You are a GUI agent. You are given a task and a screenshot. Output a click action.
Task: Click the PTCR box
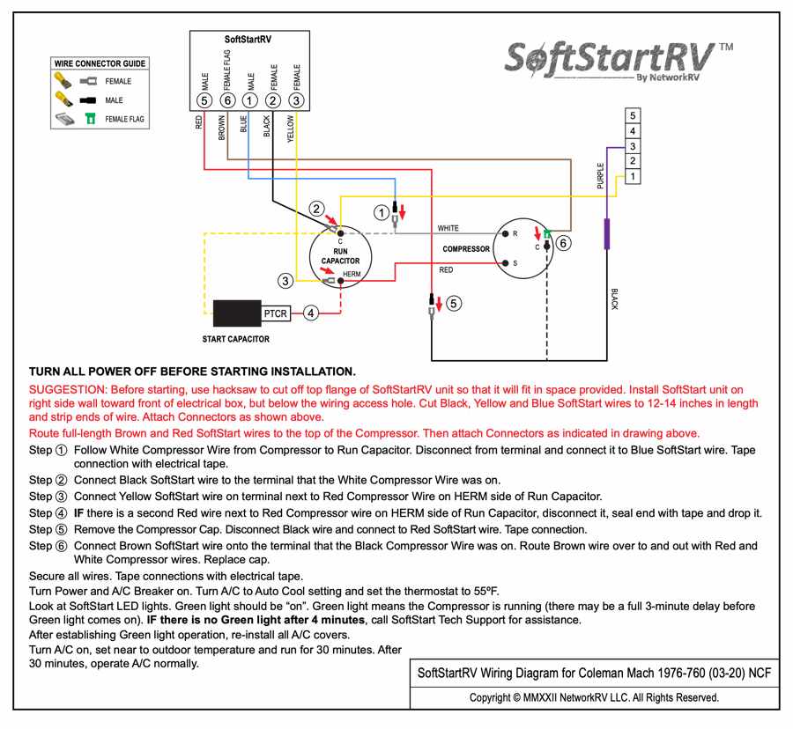[275, 313]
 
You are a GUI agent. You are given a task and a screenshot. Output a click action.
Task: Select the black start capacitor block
[237, 313]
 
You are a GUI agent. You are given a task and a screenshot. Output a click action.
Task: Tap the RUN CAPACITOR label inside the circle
[340, 256]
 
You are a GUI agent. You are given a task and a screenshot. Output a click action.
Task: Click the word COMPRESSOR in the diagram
[466, 249]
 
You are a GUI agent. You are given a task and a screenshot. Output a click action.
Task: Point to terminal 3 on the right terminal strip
[632, 146]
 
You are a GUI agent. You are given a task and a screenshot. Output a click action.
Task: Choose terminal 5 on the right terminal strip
[632, 115]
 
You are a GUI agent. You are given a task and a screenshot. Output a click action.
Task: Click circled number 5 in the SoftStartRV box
[204, 100]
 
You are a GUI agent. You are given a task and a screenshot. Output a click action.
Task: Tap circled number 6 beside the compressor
[564, 242]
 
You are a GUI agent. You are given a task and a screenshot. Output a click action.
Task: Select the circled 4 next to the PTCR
[311, 313]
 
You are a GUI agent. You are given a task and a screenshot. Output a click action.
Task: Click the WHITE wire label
[448, 229]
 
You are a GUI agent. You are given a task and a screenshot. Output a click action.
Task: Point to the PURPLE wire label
[601, 177]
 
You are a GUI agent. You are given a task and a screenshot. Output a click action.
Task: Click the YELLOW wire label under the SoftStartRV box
[290, 129]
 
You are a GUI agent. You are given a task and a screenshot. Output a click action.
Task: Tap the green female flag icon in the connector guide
[90, 119]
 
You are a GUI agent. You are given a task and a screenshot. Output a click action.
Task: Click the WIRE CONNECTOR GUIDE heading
[100, 64]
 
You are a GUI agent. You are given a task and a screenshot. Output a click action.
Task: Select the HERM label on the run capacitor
[352, 274]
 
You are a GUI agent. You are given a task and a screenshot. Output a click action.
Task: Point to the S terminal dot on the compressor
[504, 263]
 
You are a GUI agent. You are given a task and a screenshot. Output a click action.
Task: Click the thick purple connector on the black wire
[607, 234]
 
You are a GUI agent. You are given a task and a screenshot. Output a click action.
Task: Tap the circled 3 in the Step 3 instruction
[61, 497]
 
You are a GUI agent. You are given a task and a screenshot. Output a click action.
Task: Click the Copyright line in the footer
[594, 697]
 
